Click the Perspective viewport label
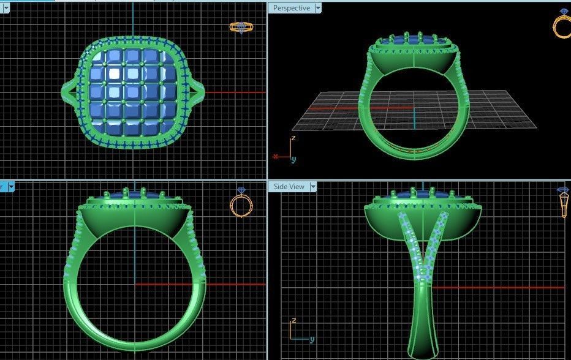tap(291, 8)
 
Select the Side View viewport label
tap(289, 187)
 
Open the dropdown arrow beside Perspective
tap(317, 8)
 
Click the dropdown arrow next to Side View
tap(313, 187)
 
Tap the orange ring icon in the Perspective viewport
tap(562, 26)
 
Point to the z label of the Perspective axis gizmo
tap(294, 138)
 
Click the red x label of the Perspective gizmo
tap(276, 157)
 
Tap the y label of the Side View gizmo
tap(312, 339)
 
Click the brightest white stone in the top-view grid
tap(115, 74)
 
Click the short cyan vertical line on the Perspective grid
tap(414, 119)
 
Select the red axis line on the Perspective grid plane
tap(355, 108)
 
